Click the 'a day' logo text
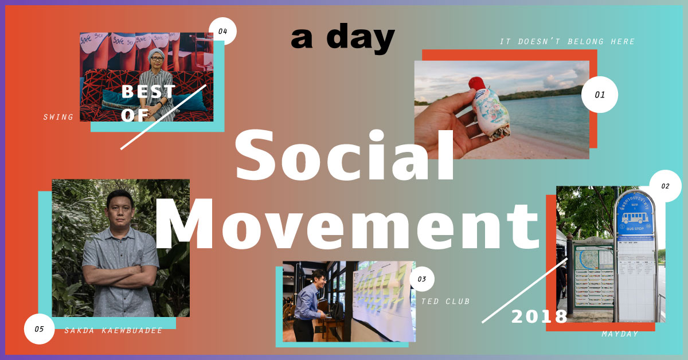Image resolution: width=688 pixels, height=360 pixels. click(343, 39)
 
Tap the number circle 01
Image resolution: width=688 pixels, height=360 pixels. click(599, 95)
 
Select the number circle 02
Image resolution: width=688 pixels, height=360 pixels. click(665, 186)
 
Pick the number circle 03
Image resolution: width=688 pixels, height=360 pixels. click(422, 279)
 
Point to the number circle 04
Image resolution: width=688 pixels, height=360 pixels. click(222, 32)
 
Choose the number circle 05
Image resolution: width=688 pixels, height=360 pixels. click(39, 329)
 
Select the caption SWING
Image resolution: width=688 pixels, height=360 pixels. click(58, 117)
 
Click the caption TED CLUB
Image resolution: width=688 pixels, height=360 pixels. click(445, 301)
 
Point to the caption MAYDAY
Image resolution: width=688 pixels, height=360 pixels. click(620, 334)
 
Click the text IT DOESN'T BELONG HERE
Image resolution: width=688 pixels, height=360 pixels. click(567, 42)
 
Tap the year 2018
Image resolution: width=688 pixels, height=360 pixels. click(539, 316)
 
